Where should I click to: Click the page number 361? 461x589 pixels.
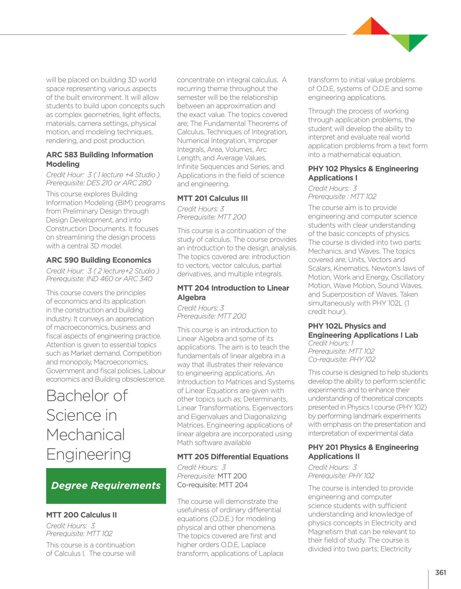[441, 573]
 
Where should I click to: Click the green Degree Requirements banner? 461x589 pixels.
[106, 486]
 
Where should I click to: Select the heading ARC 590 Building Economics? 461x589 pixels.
[99, 260]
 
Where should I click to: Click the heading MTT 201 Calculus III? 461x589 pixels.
[212, 198]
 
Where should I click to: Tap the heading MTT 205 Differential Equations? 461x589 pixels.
[232, 457]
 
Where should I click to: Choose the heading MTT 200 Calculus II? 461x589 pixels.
[81, 515]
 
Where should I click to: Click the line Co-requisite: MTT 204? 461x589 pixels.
[212, 485]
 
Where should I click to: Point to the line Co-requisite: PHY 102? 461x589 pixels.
[341, 359]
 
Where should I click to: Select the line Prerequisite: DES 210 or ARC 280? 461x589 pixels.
[99, 183]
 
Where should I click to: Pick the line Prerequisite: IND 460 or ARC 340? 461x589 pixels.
[99, 279]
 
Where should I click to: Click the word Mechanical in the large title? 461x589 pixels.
[86, 435]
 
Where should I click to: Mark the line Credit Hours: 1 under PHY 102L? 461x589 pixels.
[331, 343]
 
